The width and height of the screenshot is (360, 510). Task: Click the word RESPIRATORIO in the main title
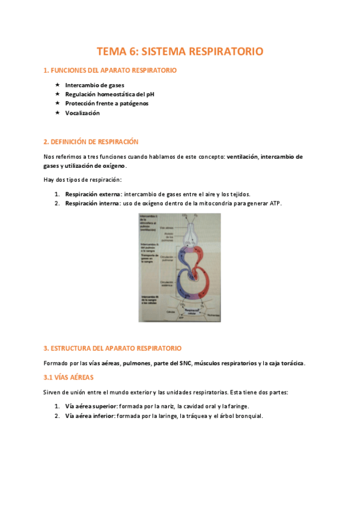coord(226,52)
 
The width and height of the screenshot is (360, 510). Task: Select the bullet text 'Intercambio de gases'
coord(95,85)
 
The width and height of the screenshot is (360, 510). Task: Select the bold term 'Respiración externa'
coord(93,194)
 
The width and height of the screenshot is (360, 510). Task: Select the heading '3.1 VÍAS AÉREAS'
coord(69,378)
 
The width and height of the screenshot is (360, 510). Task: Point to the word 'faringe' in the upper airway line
coord(236,407)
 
